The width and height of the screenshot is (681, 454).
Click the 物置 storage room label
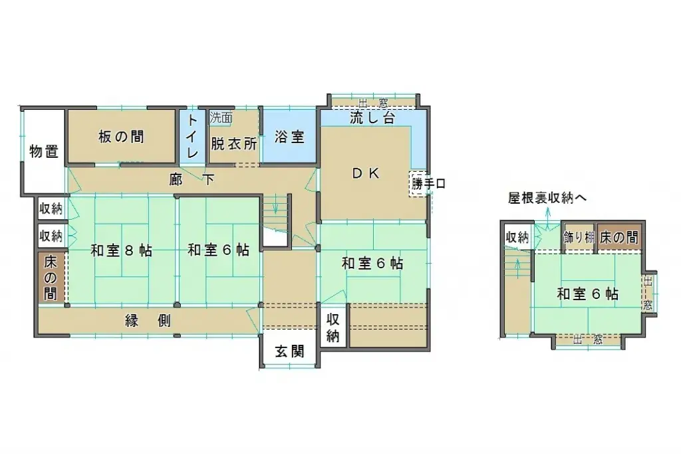(x=44, y=151)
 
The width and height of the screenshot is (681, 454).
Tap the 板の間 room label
(x=121, y=137)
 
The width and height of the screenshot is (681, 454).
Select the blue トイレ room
(x=192, y=136)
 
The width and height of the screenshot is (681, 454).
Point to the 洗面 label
(x=221, y=118)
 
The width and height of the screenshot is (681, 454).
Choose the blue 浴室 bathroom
(x=289, y=137)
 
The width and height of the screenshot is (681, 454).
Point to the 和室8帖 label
(x=122, y=250)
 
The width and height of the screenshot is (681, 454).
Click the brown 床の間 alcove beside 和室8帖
(x=51, y=277)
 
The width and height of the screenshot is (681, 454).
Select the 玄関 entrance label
(x=290, y=351)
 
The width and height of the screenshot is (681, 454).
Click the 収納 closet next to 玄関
(x=333, y=327)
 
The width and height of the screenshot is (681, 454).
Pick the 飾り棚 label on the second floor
(x=578, y=238)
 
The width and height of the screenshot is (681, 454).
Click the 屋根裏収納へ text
(x=548, y=198)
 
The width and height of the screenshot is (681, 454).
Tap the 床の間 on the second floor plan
(x=619, y=238)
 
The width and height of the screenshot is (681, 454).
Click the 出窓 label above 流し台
(x=372, y=103)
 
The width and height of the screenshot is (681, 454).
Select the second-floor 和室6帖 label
(x=587, y=293)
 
